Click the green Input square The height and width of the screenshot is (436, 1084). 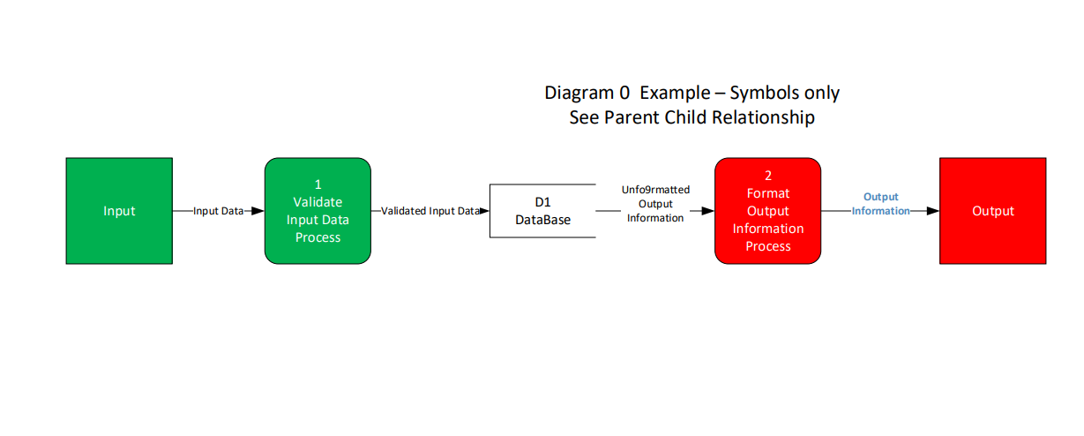coord(119,211)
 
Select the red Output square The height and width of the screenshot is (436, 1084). coord(992,211)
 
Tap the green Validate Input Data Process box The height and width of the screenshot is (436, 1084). coord(318,211)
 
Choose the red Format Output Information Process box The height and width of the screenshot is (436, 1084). coord(767,211)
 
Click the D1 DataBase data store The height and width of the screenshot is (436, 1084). coord(542,211)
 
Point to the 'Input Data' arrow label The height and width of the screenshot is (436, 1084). coord(219,211)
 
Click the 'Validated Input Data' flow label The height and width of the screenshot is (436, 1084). coord(430,211)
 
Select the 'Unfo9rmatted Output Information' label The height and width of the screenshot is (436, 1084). coord(655,204)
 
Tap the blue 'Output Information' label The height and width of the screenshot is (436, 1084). coord(880,204)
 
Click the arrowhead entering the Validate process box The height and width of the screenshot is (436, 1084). coord(257,211)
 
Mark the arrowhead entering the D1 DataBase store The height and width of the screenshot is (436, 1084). coord(484,211)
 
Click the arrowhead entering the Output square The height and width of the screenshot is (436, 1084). coord(932,211)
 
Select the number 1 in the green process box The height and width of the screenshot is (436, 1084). coord(318,184)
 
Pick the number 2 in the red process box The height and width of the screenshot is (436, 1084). coord(767,176)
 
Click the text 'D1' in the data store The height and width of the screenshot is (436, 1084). coord(542,202)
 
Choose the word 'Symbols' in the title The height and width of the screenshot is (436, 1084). coord(761,93)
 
